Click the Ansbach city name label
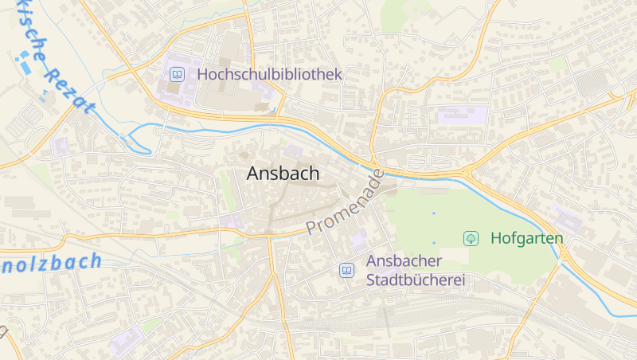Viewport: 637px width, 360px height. (x=283, y=174)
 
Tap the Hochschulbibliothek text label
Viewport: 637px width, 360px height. (x=270, y=74)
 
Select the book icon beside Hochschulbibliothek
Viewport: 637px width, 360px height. (x=177, y=75)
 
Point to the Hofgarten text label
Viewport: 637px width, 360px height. (x=526, y=238)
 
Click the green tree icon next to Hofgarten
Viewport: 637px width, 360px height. (x=471, y=238)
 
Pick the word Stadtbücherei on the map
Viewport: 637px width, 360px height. (x=415, y=280)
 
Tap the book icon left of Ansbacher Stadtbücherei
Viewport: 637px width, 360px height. (x=346, y=270)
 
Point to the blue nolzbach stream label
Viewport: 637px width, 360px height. (x=51, y=262)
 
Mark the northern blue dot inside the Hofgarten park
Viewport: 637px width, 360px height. (x=434, y=213)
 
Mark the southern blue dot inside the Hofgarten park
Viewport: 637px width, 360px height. (x=434, y=242)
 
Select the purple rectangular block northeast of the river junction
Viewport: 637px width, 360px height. (x=461, y=115)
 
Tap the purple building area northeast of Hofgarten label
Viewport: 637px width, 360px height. (x=568, y=218)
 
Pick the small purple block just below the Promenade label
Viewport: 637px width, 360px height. (x=358, y=237)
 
